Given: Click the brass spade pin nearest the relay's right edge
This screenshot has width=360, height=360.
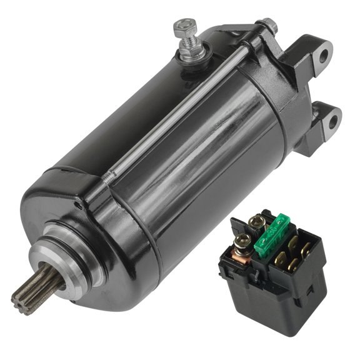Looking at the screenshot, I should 307,248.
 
